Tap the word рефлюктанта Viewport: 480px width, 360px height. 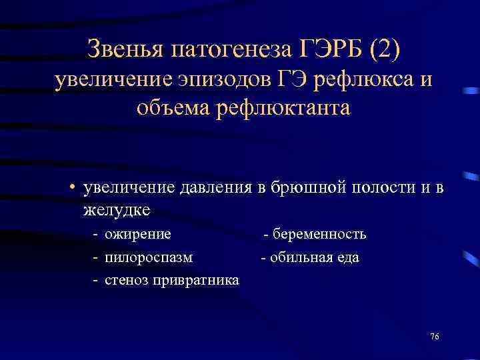click(x=283, y=107)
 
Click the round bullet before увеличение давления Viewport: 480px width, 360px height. click(x=71, y=188)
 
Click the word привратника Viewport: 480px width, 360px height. click(x=197, y=280)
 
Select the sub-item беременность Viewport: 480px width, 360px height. click(x=319, y=234)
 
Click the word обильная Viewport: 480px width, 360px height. click(x=295, y=257)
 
